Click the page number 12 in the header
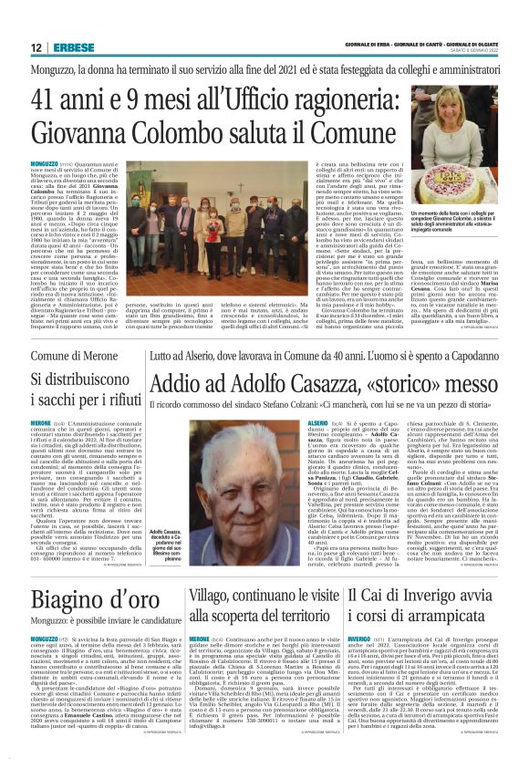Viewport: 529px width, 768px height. [x=35, y=47]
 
